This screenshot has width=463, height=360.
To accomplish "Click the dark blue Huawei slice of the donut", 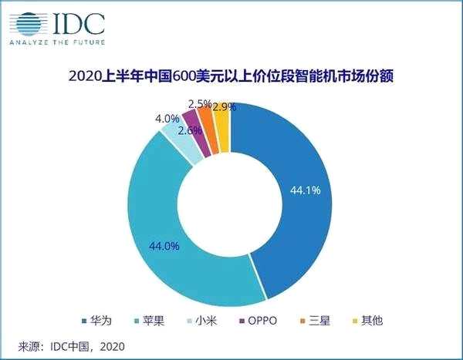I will tap(301, 193).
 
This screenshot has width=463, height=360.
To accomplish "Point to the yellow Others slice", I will tap(222, 117).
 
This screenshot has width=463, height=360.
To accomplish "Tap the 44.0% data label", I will tap(164, 246).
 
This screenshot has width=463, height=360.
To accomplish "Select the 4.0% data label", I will tap(167, 119).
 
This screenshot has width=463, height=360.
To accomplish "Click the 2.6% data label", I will tap(191, 130).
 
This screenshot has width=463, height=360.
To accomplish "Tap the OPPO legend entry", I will tap(259, 318).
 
